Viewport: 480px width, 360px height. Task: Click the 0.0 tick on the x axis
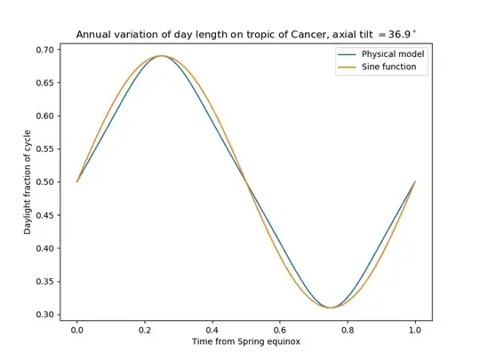click(77, 330)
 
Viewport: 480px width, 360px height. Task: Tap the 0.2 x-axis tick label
click(145, 330)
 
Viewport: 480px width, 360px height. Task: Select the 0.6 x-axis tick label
click(280, 330)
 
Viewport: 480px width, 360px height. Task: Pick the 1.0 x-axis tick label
click(415, 330)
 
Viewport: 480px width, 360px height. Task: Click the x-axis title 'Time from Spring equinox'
click(246, 343)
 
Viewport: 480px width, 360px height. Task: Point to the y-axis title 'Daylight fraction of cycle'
click(28, 181)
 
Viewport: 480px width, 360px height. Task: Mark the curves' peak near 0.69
click(162, 56)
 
